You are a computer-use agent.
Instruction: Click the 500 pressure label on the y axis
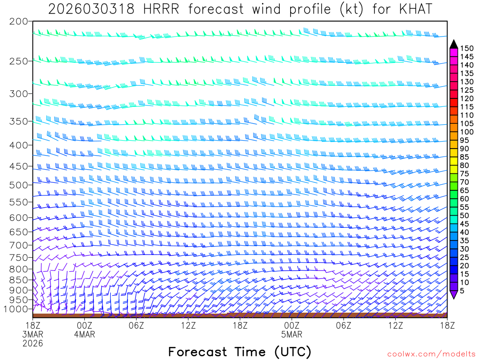(19, 185)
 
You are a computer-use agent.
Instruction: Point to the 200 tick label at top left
(19, 22)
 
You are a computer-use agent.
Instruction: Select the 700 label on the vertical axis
(19, 245)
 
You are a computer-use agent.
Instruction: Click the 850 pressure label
(19, 280)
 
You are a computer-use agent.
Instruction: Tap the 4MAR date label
(84, 334)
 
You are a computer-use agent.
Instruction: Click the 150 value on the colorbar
(466, 48)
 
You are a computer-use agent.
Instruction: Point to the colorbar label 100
(466, 132)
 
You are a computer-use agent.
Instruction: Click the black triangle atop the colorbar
(454, 44)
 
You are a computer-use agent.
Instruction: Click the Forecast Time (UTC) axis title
(240, 352)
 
